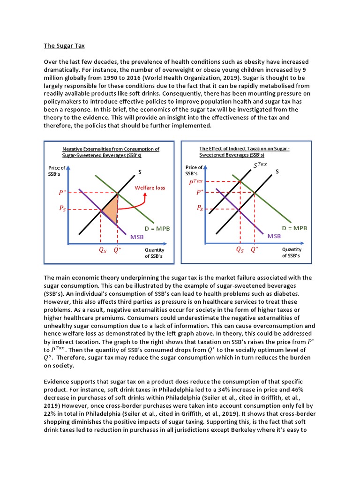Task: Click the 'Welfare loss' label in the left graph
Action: (150, 188)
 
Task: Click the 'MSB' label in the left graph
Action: (137, 237)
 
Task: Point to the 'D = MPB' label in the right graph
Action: (294, 228)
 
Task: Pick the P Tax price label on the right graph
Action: (196, 181)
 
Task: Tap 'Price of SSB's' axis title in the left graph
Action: (57, 171)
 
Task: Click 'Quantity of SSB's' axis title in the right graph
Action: (292, 253)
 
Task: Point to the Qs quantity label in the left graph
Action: (102, 250)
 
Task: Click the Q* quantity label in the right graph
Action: (255, 250)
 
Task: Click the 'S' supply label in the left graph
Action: (140, 172)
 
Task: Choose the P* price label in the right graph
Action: (200, 192)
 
